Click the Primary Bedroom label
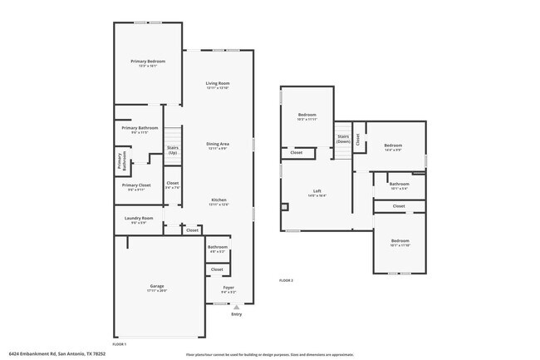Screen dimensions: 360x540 click(x=147, y=62)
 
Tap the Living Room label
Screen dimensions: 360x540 click(x=218, y=83)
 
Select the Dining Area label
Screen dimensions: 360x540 click(x=218, y=144)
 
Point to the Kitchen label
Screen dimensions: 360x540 click(x=218, y=200)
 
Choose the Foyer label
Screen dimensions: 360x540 click(x=228, y=288)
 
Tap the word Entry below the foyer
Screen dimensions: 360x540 click(x=237, y=313)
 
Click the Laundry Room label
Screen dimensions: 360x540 click(x=139, y=219)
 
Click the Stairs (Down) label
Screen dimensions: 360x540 click(x=342, y=139)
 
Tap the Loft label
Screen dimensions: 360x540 click(x=317, y=191)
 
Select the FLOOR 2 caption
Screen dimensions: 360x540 click(x=287, y=280)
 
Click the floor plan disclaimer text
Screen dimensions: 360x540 click(x=269, y=353)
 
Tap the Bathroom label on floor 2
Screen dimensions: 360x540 click(x=400, y=184)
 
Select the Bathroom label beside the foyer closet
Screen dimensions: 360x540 click(x=218, y=247)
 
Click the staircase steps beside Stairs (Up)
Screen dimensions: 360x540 click(x=173, y=137)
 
